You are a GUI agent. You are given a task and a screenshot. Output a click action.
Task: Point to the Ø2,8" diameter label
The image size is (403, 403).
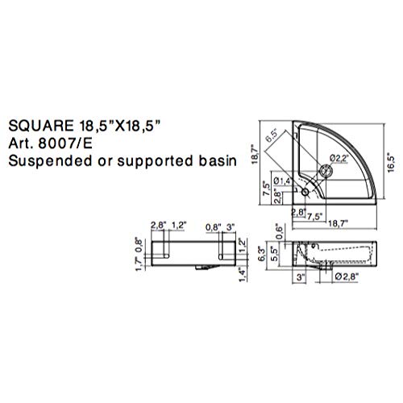(x=345, y=277)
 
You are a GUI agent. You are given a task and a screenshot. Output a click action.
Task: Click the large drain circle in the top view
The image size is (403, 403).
(x=325, y=170)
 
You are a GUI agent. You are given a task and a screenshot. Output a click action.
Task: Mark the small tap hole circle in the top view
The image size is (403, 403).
(x=305, y=193)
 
